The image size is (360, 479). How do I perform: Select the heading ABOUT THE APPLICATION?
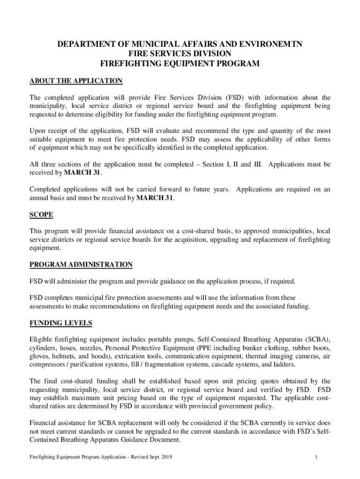76,81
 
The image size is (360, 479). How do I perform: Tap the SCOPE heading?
41,215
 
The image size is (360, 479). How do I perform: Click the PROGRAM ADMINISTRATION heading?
81,265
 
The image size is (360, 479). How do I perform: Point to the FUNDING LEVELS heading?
61,323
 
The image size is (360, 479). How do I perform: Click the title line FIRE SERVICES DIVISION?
180,54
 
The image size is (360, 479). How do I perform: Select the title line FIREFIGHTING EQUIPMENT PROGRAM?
180,63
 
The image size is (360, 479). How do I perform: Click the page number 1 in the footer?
317,457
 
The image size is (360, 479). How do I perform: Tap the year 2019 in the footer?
165,457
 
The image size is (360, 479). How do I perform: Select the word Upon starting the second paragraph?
38,131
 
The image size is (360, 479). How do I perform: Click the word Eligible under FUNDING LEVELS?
43,340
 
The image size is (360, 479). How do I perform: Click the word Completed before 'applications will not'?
46,189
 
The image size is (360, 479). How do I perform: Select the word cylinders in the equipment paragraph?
44,348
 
